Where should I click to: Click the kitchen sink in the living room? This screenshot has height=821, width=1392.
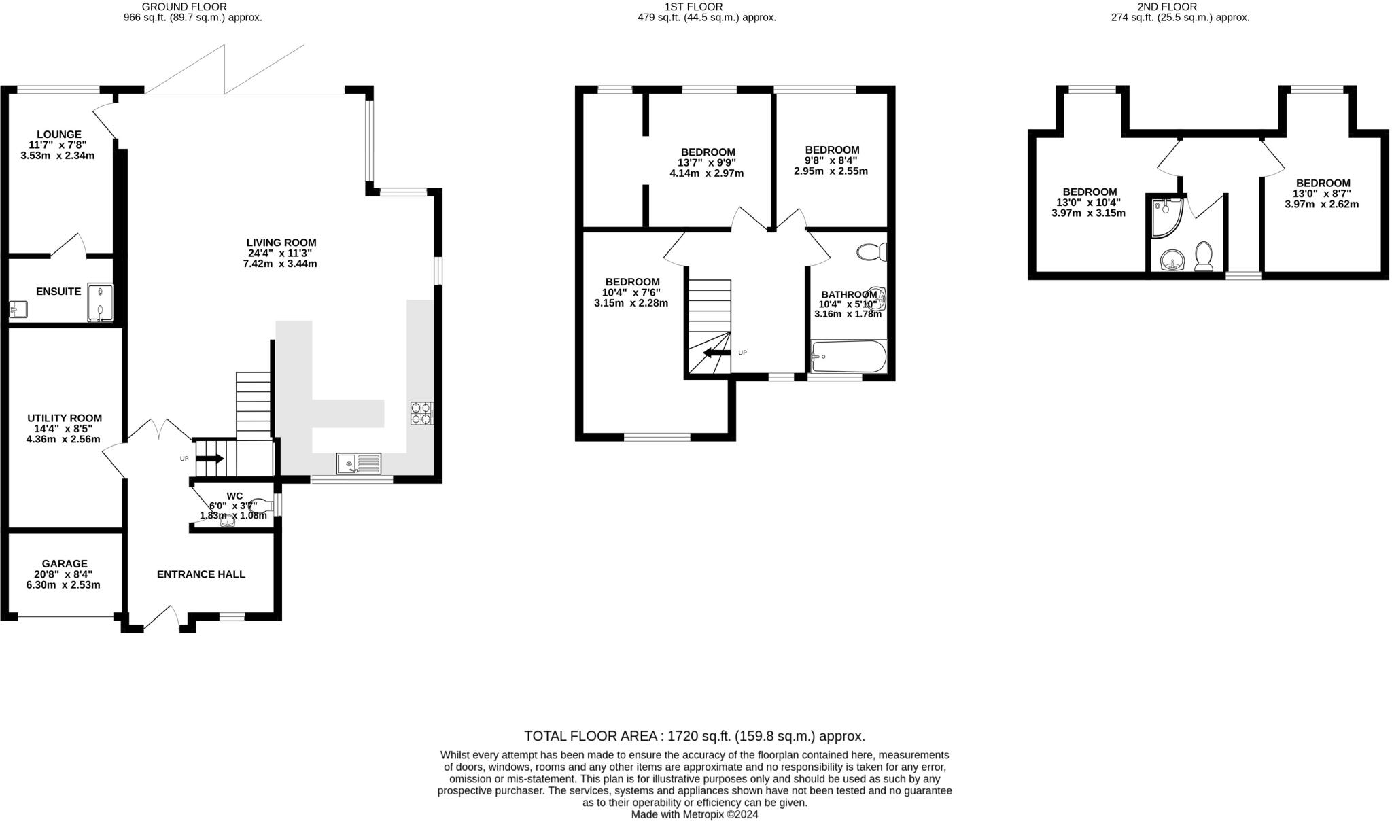[x=358, y=464]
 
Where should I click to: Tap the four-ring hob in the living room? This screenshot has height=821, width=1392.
[x=421, y=413]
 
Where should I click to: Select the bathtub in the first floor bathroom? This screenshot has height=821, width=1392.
[x=849, y=357]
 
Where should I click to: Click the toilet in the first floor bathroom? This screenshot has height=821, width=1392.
[x=871, y=252]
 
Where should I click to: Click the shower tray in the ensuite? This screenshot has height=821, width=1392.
[x=101, y=302]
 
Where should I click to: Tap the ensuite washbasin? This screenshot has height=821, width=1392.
[x=18, y=310]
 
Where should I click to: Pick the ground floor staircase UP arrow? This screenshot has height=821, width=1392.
[x=209, y=459]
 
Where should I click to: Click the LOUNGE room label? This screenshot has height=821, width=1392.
[x=59, y=135]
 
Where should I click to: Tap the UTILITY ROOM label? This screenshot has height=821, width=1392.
[x=65, y=418]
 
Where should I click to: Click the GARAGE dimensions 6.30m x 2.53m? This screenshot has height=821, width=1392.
[x=64, y=584]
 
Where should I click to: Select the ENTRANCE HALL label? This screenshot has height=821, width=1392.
[x=201, y=574]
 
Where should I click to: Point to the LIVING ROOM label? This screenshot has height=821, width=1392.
[x=281, y=242]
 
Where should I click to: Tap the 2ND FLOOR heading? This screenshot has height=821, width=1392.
[x=1175, y=7]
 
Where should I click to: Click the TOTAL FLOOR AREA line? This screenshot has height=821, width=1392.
[x=694, y=736]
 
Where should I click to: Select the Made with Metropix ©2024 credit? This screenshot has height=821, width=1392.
[x=694, y=814]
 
